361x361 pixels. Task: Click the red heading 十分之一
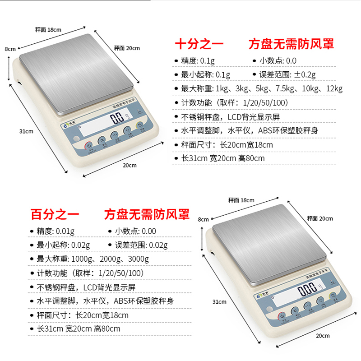point(199,44)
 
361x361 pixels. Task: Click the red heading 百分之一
point(55,214)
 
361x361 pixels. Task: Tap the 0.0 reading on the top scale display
point(117,119)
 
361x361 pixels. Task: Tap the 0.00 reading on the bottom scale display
point(308,288)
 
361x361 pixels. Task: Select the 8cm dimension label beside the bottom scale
point(204,219)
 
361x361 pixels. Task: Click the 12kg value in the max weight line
point(333,89)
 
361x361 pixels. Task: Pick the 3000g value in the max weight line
point(137,259)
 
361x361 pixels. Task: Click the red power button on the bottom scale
point(281,315)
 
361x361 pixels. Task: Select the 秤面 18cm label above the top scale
point(48,30)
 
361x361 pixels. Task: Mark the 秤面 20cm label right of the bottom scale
point(319,219)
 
